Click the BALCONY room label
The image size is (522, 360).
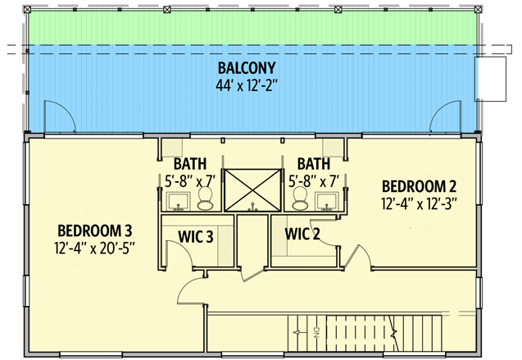[247, 68]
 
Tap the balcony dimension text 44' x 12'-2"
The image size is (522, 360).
[247, 85]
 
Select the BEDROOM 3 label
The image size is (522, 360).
[95, 230]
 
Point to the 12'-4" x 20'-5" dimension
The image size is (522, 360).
[94, 248]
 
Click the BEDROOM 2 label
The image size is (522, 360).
[419, 186]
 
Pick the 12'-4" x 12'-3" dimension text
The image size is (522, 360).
[419, 204]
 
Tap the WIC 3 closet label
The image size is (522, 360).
[195, 237]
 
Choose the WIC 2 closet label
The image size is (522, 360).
[302, 234]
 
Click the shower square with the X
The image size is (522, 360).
[252, 190]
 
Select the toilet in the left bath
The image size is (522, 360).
[205, 198]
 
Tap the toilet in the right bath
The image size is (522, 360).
[300, 198]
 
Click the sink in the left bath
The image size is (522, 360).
[179, 202]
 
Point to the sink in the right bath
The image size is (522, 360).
[327, 202]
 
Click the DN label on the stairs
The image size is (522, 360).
[316, 332]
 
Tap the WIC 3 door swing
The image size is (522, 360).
[185, 248]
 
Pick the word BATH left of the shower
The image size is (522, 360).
[190, 164]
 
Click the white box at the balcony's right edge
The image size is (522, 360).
[490, 79]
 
